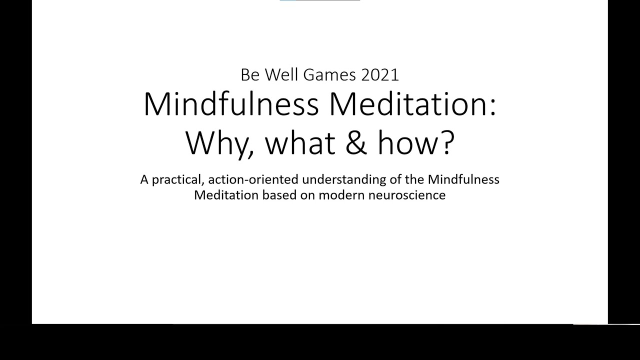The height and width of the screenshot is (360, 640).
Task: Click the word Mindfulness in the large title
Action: tap(231, 104)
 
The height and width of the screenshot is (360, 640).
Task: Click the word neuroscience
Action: tap(406, 195)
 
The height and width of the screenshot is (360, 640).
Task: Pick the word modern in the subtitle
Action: tap(341, 195)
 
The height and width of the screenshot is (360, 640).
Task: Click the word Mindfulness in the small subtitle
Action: tap(463, 179)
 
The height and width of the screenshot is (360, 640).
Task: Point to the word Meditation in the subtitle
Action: tap(225, 195)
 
